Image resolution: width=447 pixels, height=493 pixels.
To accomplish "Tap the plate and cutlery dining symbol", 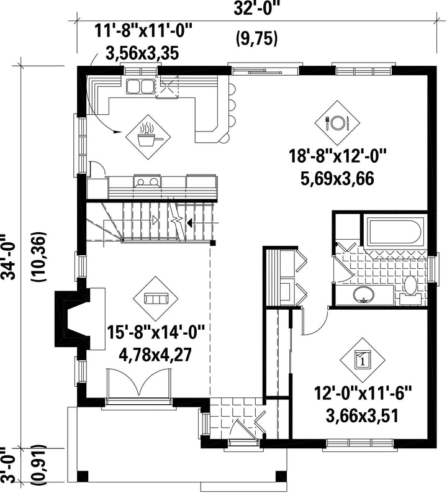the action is (338, 123).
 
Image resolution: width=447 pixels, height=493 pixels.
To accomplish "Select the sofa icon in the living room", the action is (156, 299).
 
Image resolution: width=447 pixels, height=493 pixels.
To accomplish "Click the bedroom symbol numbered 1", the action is (363, 360).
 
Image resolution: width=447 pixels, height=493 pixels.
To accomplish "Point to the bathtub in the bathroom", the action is (395, 232).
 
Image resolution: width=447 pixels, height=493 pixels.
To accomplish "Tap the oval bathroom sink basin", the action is (364, 295).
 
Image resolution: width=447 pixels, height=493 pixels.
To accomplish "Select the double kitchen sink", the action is (139, 87).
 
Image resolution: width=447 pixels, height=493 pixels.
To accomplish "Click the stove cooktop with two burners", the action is (147, 181).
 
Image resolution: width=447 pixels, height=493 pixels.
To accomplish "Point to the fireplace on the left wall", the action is (72, 318).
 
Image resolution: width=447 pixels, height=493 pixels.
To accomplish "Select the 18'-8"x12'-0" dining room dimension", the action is (337, 156).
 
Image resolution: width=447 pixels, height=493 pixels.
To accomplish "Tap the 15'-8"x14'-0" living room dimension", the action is (156, 332).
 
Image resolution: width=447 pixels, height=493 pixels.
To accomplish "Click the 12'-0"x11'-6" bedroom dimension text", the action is (363, 394).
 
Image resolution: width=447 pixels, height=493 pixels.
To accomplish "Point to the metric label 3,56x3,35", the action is (142, 53).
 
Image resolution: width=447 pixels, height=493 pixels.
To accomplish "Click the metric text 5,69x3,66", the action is (337, 179).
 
